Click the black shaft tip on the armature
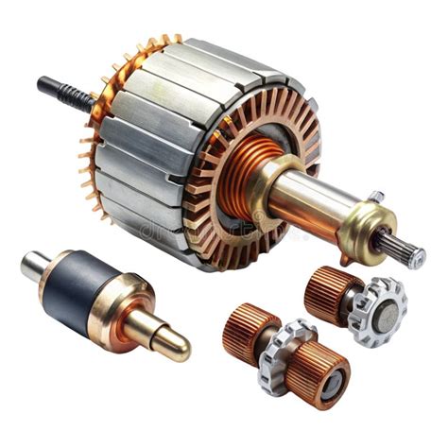[44, 84]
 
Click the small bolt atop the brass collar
[375, 197]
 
